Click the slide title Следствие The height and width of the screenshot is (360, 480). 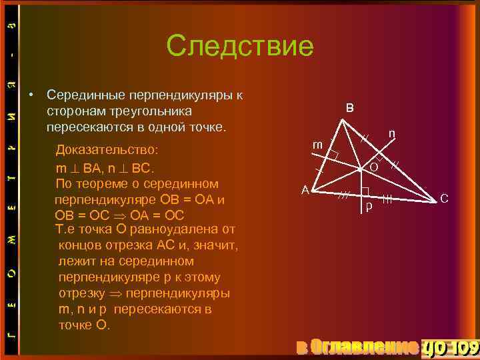tap(239, 46)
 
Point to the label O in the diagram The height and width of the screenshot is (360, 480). tap(374, 167)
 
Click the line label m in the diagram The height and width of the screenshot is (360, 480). tap(318, 145)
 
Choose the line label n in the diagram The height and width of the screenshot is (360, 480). tap(393, 133)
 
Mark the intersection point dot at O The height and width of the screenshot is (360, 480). tap(359, 170)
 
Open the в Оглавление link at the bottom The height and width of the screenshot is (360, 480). tap(357, 347)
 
